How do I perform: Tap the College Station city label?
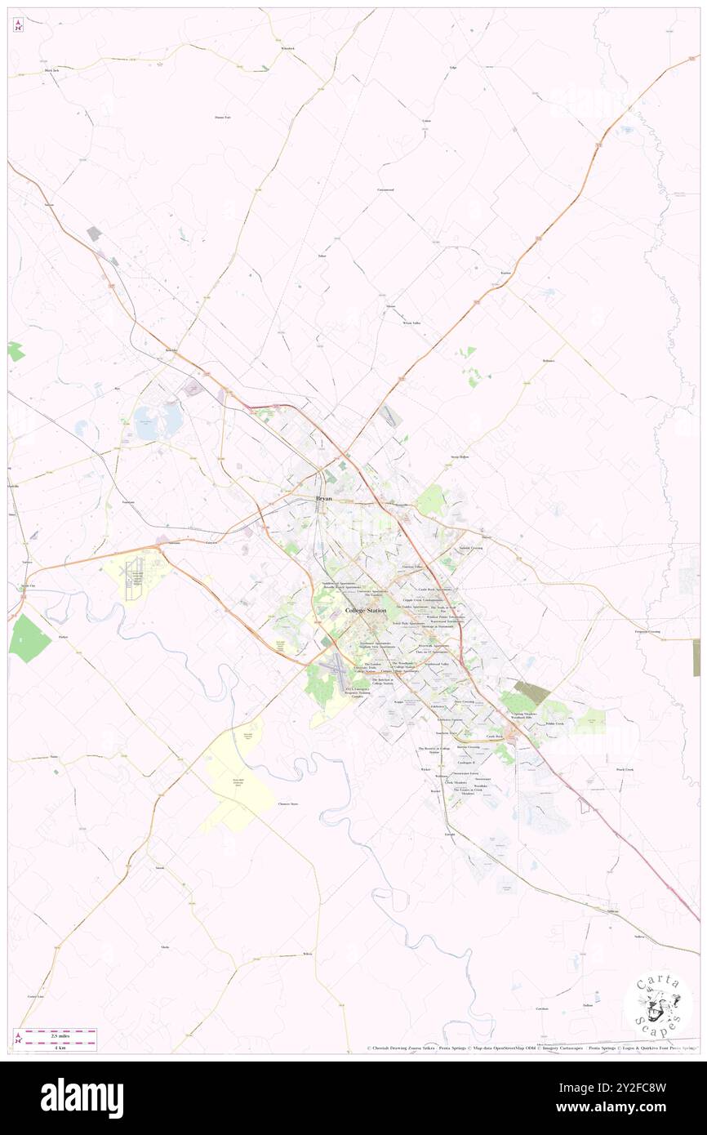pos(367,611)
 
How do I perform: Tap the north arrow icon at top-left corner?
pos(18,25)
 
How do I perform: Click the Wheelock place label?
pos(287,49)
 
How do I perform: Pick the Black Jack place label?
pos(52,71)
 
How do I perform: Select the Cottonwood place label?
pos(385,189)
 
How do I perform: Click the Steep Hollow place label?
pos(460,456)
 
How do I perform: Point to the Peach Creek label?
pos(625,769)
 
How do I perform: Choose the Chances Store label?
pos(288,803)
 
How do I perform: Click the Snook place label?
pos(160,868)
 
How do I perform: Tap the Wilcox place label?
pos(307,954)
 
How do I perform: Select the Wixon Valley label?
pos(411,323)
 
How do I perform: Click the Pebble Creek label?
pos(554,723)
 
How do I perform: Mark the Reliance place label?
pos(548,360)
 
